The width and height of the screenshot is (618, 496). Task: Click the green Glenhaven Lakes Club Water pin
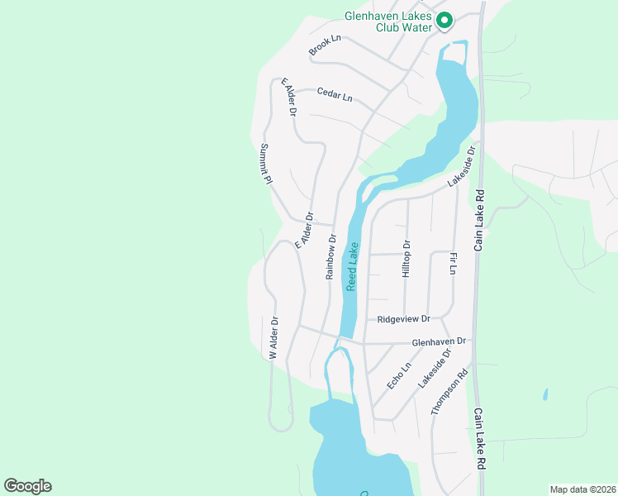[444, 20]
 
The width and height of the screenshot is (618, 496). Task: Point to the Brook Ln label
[325, 46]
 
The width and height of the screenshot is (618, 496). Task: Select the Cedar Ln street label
[335, 95]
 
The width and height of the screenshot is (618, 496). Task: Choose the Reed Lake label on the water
[353, 265]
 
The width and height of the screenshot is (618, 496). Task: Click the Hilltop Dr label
[406, 259]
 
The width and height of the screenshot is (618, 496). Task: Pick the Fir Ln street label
[453, 265]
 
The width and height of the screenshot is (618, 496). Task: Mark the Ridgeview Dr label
[403, 318]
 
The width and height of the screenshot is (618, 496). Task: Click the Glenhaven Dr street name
[440, 341]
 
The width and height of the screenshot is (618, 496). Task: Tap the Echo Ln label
[399, 377]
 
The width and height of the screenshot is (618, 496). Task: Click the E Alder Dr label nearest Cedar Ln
[288, 97]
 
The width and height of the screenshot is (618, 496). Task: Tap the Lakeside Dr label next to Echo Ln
[435, 369]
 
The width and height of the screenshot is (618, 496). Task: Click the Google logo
[27, 486]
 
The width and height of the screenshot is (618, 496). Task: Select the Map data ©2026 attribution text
[582, 489]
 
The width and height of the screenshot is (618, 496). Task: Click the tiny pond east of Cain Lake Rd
[545, 394]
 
